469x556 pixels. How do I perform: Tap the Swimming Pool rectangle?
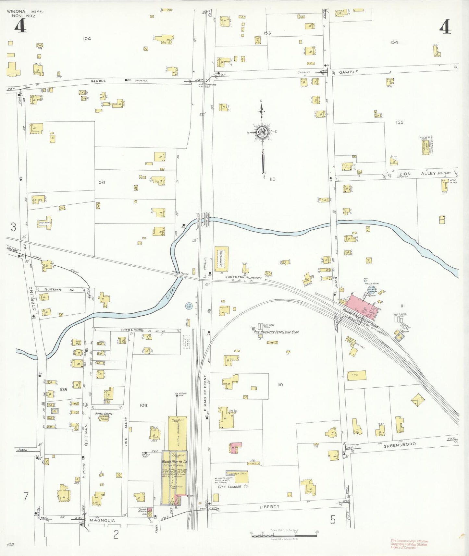pos(221,259)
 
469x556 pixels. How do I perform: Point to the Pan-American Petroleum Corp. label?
pos(276,332)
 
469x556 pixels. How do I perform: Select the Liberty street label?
pos(269,506)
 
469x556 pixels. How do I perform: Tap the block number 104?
pos(87,39)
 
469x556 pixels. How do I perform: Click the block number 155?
pos(399,122)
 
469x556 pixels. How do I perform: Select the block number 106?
pos(101,182)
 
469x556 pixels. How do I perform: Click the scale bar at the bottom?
pos(284,534)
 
